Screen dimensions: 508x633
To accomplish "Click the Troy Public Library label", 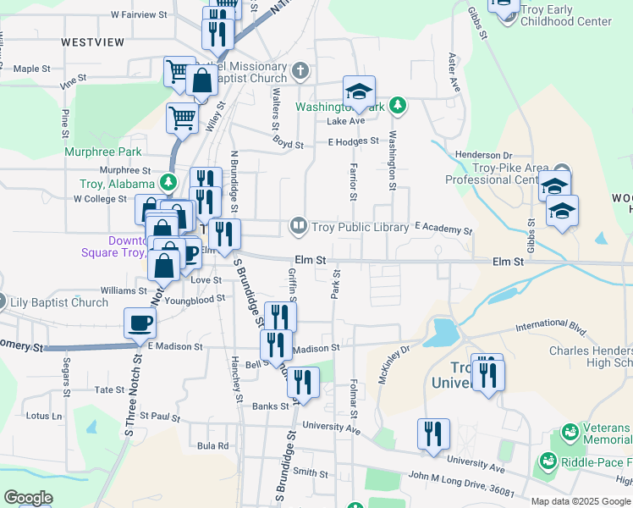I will [361, 226].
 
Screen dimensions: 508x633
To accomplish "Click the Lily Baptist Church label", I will [58, 302].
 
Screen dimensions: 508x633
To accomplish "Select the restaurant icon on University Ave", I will [433, 434].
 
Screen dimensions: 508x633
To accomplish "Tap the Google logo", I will [28, 498].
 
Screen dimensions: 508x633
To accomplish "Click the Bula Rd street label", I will [212, 445].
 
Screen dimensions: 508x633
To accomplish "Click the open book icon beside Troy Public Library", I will [297, 226].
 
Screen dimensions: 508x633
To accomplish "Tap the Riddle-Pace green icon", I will [548, 462].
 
